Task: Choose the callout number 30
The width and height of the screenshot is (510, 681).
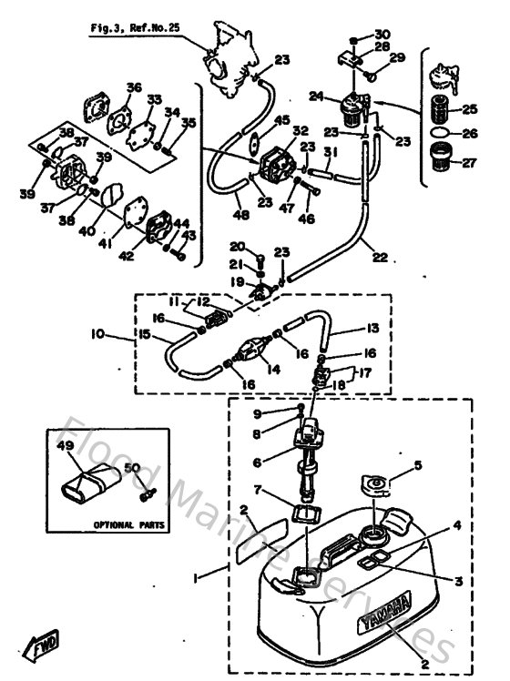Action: click(382, 34)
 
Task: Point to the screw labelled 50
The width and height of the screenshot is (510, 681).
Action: click(144, 494)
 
